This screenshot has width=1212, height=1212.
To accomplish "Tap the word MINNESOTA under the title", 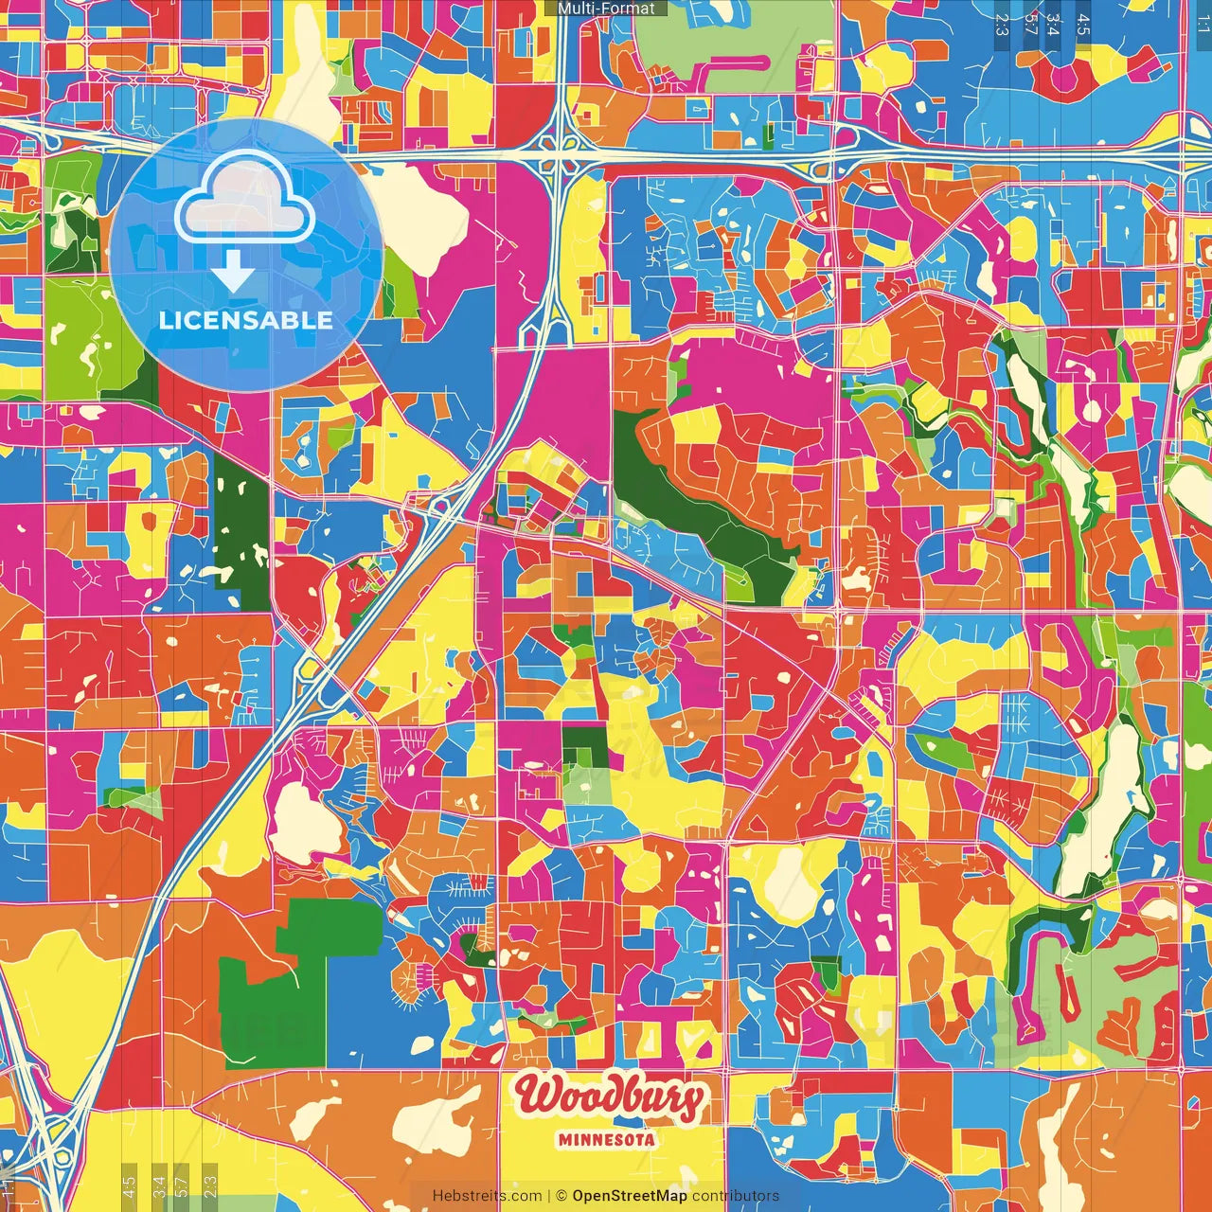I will [x=607, y=1139].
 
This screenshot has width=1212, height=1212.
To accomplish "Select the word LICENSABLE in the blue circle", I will [x=246, y=320].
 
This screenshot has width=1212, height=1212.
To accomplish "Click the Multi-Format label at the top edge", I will [x=606, y=9].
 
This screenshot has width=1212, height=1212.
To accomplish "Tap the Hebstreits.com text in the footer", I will [x=487, y=1196].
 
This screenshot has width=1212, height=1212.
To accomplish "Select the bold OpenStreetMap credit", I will [x=630, y=1196].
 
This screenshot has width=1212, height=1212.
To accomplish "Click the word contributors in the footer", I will [x=736, y=1196].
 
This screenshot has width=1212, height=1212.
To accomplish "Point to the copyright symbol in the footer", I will [x=561, y=1196].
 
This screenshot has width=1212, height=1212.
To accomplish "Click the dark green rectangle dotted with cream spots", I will [x=241, y=530].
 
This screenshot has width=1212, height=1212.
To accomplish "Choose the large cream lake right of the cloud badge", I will [x=421, y=218].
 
